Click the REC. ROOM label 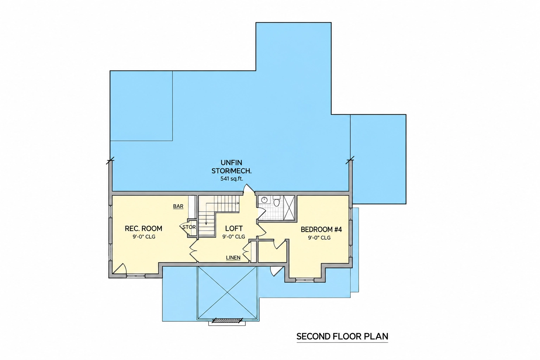[143, 229]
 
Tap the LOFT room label [234, 229]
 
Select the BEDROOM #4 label [321, 229]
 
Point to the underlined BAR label [178, 206]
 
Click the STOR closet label [189, 227]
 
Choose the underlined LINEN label [233, 258]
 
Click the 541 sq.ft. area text [232, 179]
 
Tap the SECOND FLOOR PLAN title [342, 336]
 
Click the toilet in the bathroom [277, 201]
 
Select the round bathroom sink [264, 200]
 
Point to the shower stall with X [289, 208]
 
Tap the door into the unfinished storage [249, 189]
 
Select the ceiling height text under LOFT [233, 237]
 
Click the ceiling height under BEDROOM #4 [319, 238]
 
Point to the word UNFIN [231, 162]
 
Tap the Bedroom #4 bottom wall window [305, 280]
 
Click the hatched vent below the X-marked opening [227, 321]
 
